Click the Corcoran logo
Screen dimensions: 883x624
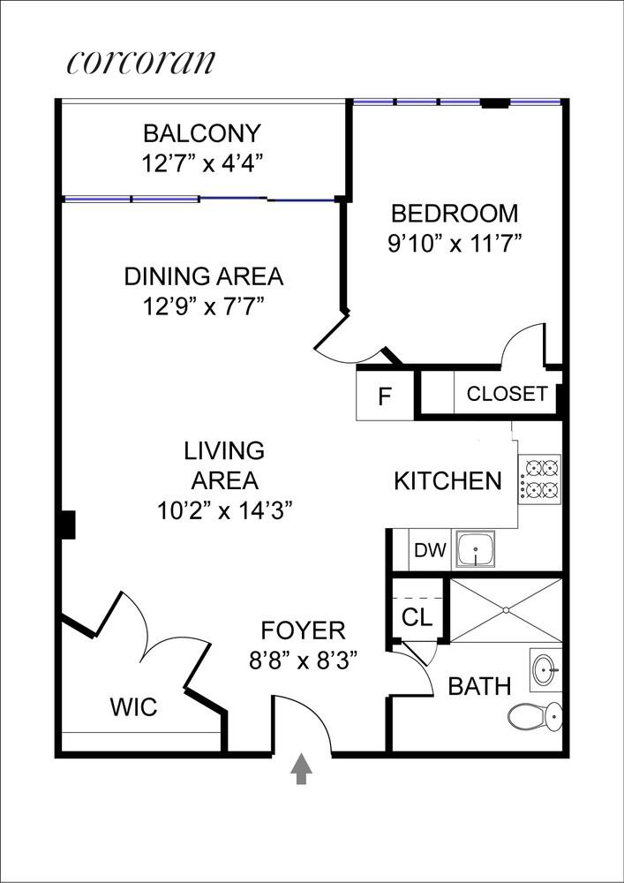140,62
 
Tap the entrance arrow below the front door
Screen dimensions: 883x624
302,769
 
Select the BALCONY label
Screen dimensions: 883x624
202,134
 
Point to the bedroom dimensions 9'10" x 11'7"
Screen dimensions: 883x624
455,243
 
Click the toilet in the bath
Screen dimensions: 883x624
536,714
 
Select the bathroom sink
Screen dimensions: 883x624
546,670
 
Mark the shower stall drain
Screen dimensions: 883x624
506,609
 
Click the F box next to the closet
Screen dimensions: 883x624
385,396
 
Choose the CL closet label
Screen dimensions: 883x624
416,617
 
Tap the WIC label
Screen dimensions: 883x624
133,707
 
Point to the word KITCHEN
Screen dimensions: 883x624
447,481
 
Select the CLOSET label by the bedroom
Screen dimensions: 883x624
507,394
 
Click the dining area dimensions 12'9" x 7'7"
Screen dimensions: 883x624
203,306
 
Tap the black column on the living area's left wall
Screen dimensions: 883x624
66,525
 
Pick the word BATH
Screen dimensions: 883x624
479,686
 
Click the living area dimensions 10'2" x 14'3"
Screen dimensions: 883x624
223,509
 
